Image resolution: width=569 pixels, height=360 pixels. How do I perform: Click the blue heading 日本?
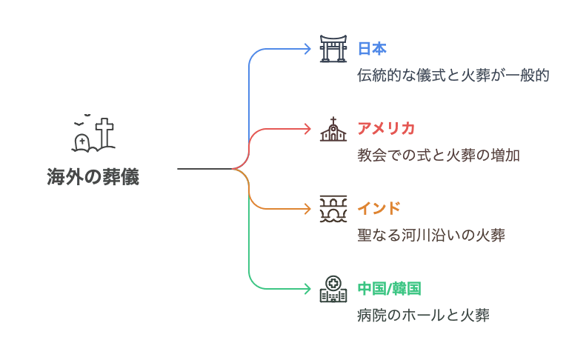[372, 49]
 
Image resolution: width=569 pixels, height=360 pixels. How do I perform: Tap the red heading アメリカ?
[386, 128]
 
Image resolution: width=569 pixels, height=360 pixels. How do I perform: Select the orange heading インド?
[379, 207]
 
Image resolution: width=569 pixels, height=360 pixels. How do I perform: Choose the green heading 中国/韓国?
[390, 287]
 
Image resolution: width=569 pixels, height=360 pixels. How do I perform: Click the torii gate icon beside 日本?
[333, 49]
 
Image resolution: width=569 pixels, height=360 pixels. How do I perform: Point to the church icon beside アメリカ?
[333, 129]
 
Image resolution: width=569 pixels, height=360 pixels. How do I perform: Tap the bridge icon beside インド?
[333, 209]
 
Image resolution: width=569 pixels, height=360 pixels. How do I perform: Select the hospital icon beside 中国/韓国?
[333, 289]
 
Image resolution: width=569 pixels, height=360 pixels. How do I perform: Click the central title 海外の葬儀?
[93, 178]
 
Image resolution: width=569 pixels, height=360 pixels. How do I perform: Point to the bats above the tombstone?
[83, 118]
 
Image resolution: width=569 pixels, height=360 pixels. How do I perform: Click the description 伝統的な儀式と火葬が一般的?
[453, 76]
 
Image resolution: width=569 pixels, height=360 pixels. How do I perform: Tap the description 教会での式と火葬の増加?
[439, 156]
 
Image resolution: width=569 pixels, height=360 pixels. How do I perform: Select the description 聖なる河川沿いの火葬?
[431, 236]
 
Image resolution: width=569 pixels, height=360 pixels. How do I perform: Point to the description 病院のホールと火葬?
[423, 316]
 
